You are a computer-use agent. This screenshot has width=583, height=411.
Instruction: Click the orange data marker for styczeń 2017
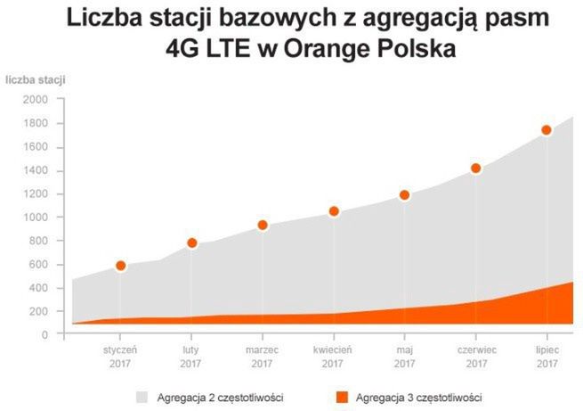tap(121, 266)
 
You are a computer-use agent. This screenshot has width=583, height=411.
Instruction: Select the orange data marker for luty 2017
tap(191, 242)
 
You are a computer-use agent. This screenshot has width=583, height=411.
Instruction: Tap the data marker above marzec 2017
tap(263, 226)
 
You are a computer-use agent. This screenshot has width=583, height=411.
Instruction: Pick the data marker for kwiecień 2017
tap(334, 211)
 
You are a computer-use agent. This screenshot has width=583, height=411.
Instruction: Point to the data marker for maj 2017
tap(404, 195)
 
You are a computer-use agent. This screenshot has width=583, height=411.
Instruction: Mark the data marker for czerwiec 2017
tap(476, 169)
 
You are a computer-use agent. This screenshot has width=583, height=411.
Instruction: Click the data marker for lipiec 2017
tap(547, 130)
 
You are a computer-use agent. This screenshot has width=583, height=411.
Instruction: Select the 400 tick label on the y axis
tap(38, 288)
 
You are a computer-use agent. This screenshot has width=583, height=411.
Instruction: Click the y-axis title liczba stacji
tap(36, 80)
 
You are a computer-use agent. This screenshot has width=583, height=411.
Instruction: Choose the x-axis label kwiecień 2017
tap(333, 357)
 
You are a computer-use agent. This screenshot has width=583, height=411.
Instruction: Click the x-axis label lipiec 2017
tap(547, 357)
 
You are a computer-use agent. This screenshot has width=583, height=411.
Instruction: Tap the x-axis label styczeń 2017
tap(120, 357)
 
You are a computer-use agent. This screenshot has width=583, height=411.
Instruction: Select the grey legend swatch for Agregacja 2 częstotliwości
tap(142, 396)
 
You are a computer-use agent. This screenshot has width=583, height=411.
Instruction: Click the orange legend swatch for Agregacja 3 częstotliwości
tap(342, 396)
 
